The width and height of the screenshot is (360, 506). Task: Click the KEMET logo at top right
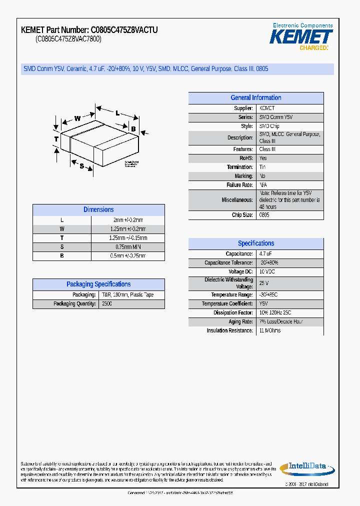pos(301,36)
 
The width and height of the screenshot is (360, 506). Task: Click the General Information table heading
pos(256,98)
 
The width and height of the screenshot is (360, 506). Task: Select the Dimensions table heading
pos(98,210)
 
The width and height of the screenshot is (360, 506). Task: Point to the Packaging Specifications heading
pos(98,284)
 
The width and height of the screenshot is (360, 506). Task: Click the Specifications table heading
pos(256,243)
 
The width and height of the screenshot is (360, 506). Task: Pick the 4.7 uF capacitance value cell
pos(265,254)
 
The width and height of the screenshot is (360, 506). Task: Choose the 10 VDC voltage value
pos(267,271)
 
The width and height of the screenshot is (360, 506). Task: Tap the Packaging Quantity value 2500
pos(107,304)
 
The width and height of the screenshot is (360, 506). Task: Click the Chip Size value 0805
pos(264,215)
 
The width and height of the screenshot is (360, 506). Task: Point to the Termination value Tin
pos(262,167)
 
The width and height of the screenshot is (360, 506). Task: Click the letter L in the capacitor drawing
pos(117,113)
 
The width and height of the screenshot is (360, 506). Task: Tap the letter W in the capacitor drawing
pos(77,118)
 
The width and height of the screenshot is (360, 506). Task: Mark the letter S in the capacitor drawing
pos(81,166)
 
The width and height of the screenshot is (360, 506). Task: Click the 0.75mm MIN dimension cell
pos(127,247)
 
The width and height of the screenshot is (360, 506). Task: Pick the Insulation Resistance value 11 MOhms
pos(270,330)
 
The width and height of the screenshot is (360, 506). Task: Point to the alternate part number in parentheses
pos(68,39)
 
